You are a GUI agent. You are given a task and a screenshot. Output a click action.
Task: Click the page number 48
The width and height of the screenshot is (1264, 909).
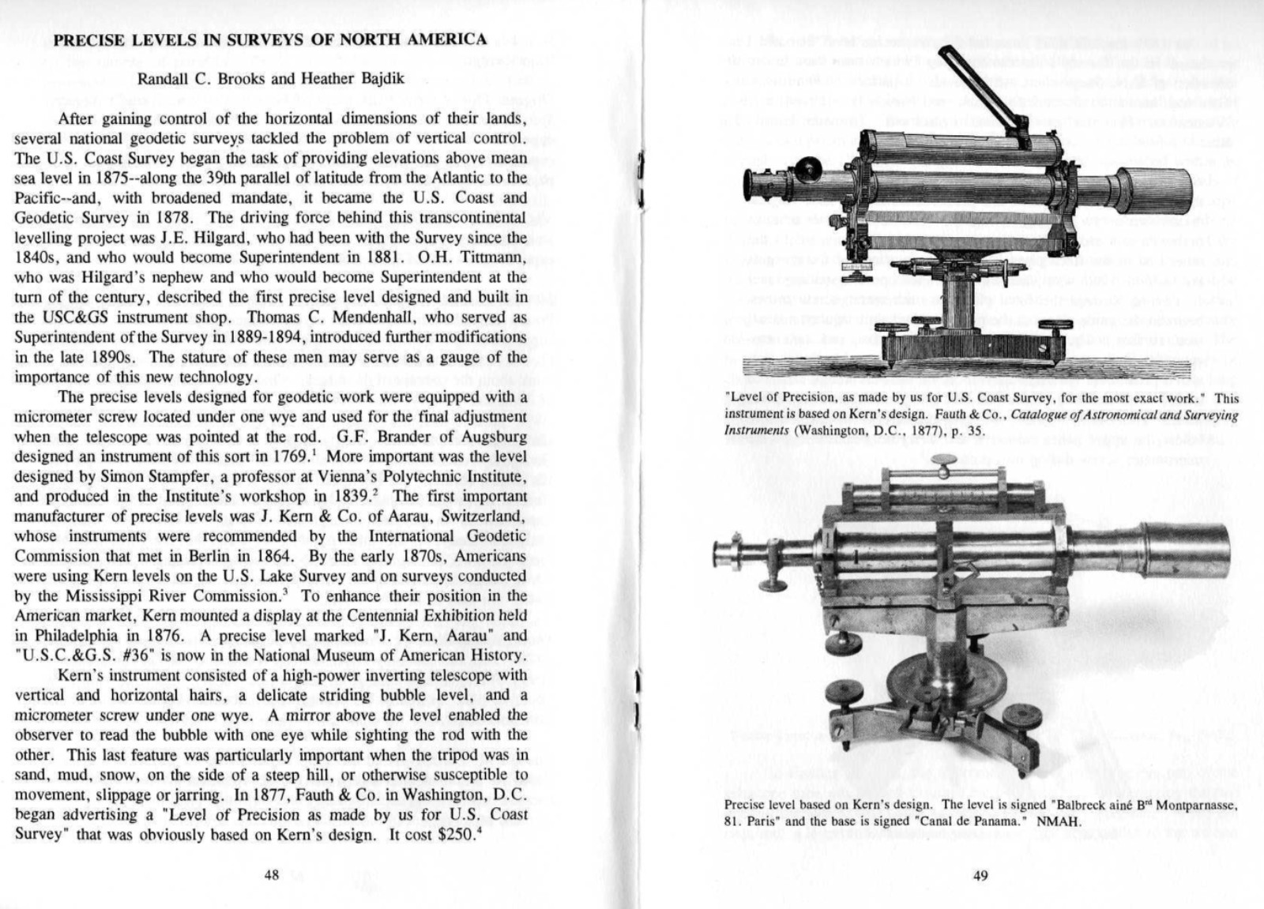[272, 876]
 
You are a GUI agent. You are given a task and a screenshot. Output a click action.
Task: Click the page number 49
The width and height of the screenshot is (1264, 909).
[980, 876]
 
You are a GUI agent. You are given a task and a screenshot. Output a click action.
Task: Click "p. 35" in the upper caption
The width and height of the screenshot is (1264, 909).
[972, 431]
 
